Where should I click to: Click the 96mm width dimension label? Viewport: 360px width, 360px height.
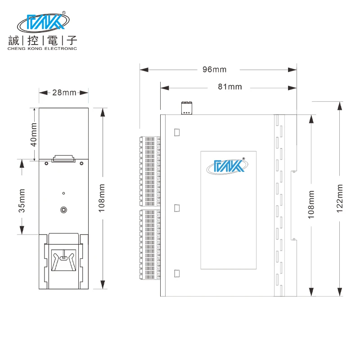[214, 69]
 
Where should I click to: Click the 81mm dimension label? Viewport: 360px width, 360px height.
[229, 86]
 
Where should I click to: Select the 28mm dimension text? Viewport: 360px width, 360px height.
[64, 93]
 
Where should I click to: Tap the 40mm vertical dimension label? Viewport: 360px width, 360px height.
[34, 134]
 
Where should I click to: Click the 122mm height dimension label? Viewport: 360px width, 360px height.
[340, 198]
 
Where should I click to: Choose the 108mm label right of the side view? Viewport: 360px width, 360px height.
[311, 204]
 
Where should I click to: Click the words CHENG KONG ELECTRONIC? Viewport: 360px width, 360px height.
[42, 49]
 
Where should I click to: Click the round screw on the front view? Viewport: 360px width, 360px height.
[64, 209]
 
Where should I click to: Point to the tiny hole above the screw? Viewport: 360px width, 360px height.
[64, 193]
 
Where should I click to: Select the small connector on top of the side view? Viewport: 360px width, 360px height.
[186, 108]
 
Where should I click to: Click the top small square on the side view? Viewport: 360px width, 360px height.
[177, 132]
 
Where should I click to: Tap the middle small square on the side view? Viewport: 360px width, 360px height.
[177, 208]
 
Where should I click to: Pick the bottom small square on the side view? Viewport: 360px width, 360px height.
[177, 273]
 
